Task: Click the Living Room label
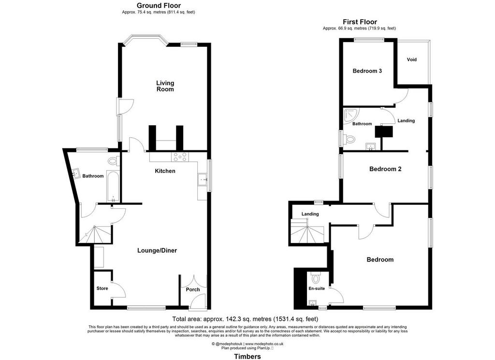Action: coord(165,86)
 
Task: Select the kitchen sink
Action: coord(202,180)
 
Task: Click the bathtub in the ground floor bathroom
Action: coord(113,186)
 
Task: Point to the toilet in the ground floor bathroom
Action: coord(113,161)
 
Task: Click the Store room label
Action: coord(102,288)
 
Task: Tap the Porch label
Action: coord(193,289)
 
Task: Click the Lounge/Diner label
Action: coord(157,250)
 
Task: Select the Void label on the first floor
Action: coord(412,59)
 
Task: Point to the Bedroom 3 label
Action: coord(367,71)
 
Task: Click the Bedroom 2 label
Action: coord(385,169)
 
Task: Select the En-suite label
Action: coord(317,288)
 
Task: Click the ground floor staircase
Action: coord(95,234)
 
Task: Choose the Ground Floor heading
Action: coord(159,5)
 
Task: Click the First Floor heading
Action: coord(360,22)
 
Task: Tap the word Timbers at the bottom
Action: coord(247,357)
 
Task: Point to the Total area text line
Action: coord(245,319)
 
